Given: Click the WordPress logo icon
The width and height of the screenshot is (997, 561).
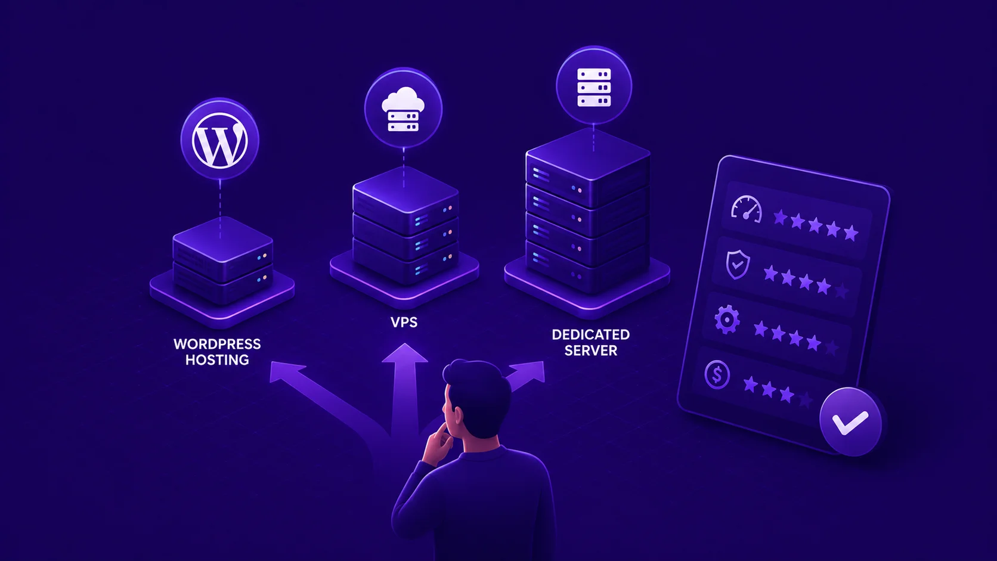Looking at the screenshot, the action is pos(219,140).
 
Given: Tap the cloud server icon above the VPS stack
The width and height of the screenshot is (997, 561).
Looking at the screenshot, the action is pos(403,110).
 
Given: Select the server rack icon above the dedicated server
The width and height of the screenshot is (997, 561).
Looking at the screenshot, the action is pos(594,87).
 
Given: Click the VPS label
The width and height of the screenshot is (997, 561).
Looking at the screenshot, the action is pos(404,322).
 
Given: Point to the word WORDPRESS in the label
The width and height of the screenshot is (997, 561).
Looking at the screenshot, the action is pos(217,344).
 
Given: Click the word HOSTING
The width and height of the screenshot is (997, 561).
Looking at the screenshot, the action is pos(217,359).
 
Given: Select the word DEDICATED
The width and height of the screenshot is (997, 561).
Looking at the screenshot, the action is pos(591,334).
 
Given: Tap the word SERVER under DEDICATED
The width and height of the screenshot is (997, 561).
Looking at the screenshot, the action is pos(591,350).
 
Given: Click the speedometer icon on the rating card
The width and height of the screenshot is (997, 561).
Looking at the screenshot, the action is pos(747,209).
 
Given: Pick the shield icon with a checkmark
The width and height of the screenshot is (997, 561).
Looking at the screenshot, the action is pos(738,264).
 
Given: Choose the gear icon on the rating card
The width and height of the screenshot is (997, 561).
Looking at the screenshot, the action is pos(727,320).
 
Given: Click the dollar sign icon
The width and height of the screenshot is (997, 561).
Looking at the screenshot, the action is pos(717,374).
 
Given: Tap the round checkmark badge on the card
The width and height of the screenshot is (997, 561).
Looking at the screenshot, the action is pos(850,421).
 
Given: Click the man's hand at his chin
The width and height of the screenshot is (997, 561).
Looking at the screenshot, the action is pos(438,444).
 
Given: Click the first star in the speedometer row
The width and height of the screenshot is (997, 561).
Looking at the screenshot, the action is pos(780,218).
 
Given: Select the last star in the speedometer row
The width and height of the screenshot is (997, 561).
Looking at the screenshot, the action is pos(851,233).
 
